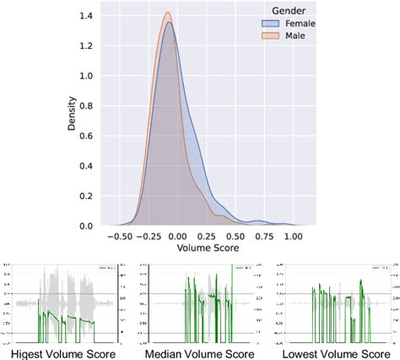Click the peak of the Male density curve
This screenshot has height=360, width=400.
167,13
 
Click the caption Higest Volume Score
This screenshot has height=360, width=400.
65,352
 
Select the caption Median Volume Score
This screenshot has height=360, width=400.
200,352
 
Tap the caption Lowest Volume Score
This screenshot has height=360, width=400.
336,352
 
